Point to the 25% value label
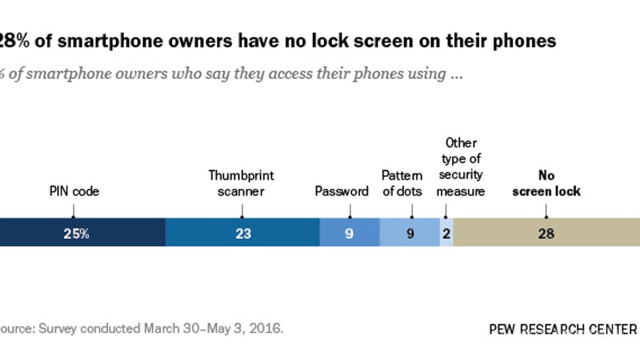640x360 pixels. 76,233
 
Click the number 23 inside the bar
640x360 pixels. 243,233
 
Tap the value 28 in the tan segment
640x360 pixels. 546,233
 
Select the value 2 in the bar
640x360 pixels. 446,233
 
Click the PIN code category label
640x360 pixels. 74,192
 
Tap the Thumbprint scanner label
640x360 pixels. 241,183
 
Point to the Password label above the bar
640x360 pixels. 341,192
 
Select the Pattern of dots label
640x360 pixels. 402,183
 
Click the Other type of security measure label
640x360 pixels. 460,167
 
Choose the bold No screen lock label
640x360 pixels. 546,183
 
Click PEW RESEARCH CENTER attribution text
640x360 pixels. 563,329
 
